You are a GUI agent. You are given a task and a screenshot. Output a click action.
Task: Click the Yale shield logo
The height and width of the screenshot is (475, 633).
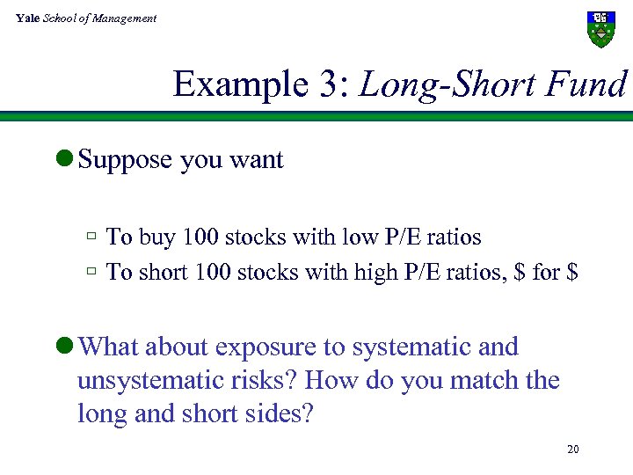(x=600, y=29)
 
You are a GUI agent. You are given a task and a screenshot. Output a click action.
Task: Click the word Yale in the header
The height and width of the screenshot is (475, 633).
(x=26, y=18)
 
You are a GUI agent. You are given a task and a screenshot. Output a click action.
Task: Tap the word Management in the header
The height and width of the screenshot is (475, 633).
(x=128, y=18)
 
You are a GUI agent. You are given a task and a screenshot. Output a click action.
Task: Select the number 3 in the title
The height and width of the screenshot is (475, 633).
(x=323, y=84)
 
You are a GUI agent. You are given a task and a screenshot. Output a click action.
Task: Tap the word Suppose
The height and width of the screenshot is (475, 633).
(x=125, y=161)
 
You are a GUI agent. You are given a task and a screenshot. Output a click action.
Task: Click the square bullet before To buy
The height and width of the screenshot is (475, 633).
(x=91, y=237)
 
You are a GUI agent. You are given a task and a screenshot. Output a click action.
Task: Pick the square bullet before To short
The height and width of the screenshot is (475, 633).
(x=91, y=272)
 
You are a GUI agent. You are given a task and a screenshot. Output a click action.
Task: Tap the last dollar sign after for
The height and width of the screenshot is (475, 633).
(x=572, y=273)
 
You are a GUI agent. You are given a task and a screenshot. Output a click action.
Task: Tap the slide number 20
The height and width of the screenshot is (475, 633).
(x=573, y=450)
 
